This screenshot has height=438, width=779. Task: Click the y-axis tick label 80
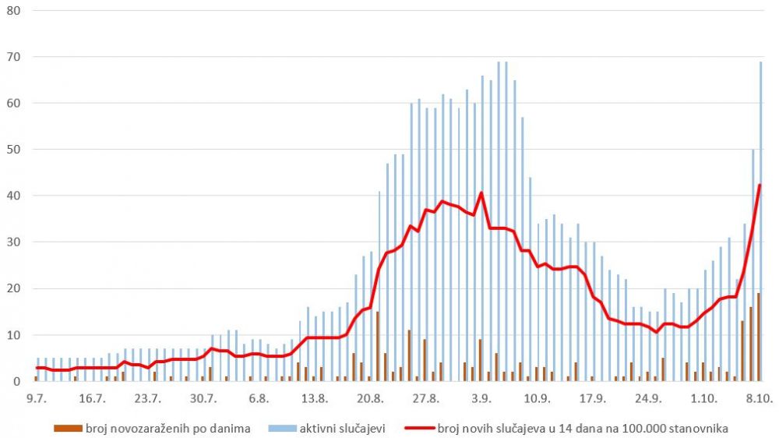[x=14, y=11]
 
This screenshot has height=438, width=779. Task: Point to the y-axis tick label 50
[x=14, y=150]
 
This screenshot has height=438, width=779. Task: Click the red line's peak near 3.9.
[x=481, y=193]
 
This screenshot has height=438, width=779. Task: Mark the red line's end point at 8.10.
[x=760, y=185]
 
